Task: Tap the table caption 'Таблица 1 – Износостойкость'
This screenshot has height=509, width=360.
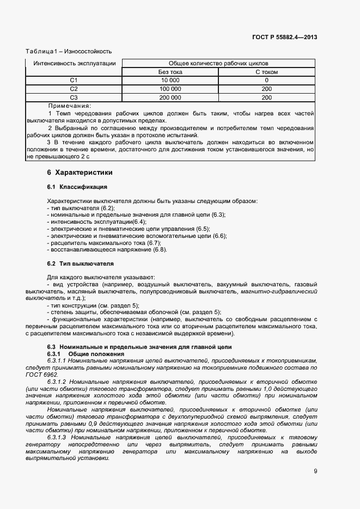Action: coord(69,52)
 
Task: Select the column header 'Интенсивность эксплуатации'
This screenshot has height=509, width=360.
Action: coord(74,64)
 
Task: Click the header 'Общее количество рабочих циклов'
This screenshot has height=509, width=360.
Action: coord(218,64)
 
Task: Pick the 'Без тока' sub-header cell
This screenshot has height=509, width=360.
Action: coord(170,72)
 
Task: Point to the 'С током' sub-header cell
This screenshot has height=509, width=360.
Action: coord(266,72)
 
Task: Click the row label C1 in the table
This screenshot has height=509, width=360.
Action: coord(74,80)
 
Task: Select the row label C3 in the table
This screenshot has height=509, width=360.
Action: coord(74,97)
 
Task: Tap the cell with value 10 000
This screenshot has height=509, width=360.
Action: coord(170,80)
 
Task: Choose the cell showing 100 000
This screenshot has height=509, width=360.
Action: coord(170,89)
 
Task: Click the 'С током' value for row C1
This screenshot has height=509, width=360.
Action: coord(266,80)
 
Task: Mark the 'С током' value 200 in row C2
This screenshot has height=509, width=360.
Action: coord(266,89)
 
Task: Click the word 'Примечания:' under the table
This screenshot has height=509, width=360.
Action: coord(69,106)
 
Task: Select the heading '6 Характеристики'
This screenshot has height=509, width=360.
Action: coord(80,173)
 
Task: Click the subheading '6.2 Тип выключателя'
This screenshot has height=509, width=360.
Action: coord(80,263)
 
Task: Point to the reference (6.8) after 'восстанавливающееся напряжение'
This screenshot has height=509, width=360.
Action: coord(160,250)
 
